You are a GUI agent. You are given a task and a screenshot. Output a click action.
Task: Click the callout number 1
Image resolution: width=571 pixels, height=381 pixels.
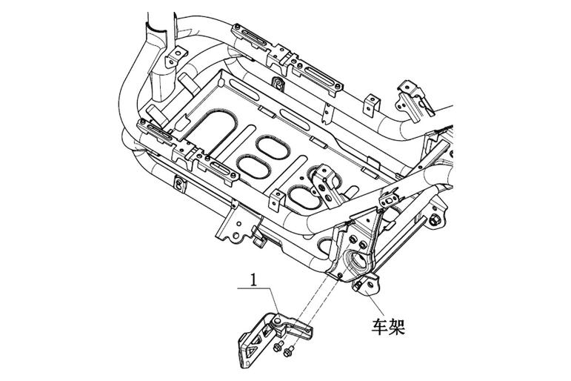coord(253,280)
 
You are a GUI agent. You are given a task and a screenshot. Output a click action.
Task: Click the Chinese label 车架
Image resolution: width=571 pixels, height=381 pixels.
coord(388,327)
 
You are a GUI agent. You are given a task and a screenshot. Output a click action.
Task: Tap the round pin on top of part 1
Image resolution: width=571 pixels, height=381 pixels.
coord(278,321)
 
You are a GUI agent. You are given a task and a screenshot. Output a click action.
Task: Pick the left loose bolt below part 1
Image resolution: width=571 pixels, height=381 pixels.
coord(279,346)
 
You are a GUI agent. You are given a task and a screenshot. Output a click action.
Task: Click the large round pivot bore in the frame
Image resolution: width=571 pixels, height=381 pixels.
coord(358,260)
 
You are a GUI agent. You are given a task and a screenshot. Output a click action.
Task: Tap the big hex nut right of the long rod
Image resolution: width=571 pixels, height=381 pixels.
coord(434,220)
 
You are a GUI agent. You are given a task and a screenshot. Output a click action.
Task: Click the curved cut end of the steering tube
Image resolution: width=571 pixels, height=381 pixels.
coord(156,30)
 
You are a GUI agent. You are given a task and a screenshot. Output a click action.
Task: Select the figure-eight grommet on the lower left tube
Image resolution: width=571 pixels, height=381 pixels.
coord(179,183)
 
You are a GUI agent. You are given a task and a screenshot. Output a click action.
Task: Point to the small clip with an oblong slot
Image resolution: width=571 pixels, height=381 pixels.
coord(390,199)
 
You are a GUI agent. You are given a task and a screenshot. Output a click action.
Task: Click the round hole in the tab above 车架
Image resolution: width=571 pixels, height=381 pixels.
coord(371,285)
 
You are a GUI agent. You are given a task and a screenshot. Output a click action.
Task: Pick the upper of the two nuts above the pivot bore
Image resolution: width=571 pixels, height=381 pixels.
coord(353,239)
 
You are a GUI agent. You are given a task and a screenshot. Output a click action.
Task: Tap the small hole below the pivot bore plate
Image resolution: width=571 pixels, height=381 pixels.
coord(340,274)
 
